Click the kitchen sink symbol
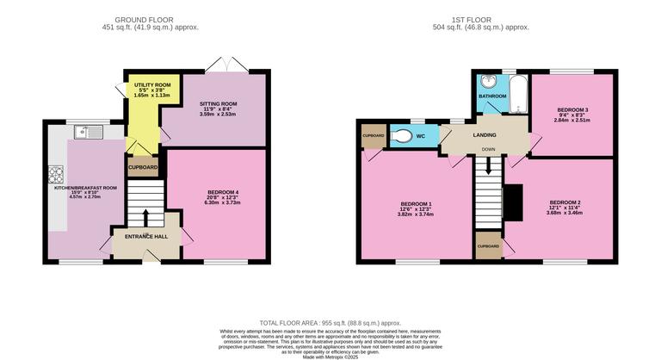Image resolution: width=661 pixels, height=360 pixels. [84, 132]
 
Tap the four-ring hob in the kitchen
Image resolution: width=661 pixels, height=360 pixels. [58, 175]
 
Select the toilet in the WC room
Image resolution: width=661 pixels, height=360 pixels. [403, 136]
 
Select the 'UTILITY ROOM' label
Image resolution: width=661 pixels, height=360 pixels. [151, 84]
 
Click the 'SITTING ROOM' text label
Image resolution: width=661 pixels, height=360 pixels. [218, 103]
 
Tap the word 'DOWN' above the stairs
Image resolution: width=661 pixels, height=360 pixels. [488, 149]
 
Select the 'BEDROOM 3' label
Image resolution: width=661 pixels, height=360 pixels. [572, 110]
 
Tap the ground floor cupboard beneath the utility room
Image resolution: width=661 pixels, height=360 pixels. [143, 167]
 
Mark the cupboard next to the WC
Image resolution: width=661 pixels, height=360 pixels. [373, 136]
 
